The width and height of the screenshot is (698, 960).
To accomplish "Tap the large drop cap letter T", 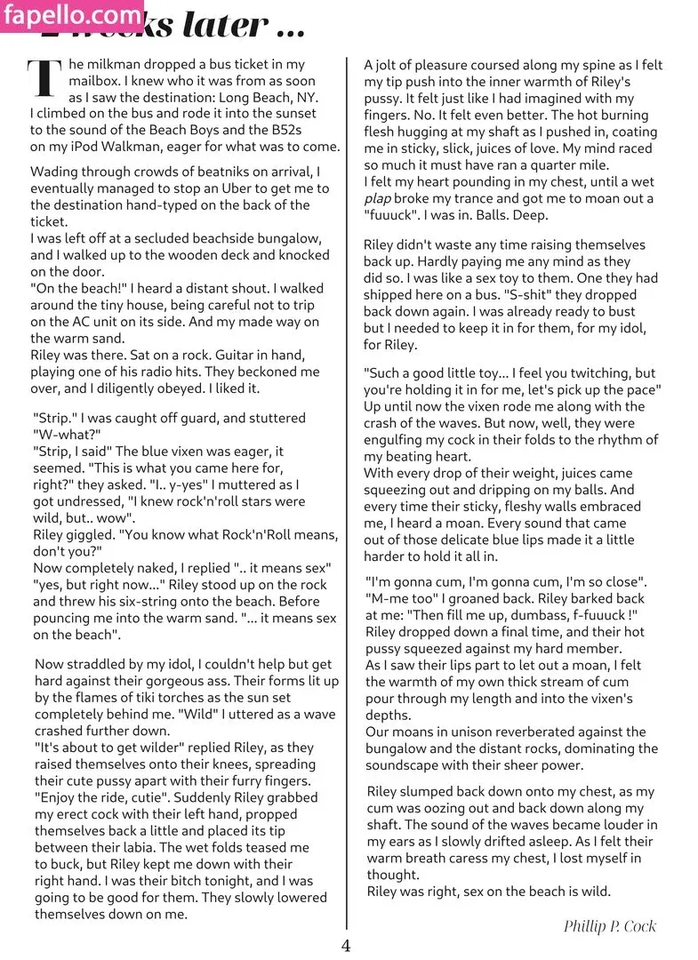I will point(45,80).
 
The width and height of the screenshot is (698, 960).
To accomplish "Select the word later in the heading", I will point(223,27).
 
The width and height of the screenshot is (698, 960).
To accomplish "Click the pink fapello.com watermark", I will point(72,15).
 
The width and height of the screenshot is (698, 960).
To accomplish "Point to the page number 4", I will point(346,945).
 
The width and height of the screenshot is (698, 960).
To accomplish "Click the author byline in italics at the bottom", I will point(609,926).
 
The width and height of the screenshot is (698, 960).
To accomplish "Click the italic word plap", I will point(378,199).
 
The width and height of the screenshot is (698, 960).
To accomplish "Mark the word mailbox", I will point(58,81).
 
